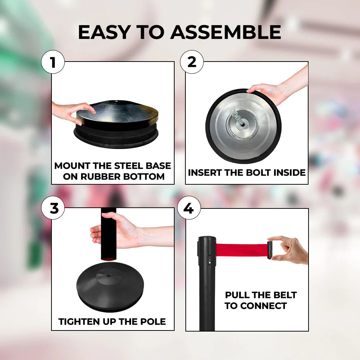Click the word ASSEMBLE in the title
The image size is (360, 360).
[225, 32]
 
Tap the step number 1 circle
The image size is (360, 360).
[53, 62]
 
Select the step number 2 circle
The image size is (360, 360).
[192, 62]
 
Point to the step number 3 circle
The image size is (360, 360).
[53, 208]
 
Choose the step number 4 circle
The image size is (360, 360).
[189, 208]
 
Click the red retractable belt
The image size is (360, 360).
[241, 249]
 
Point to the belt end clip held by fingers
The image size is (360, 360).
[270, 250]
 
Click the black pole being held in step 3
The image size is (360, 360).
[108, 234]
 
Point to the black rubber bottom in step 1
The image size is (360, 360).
[116, 138]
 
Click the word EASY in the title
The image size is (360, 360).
[104, 32]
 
